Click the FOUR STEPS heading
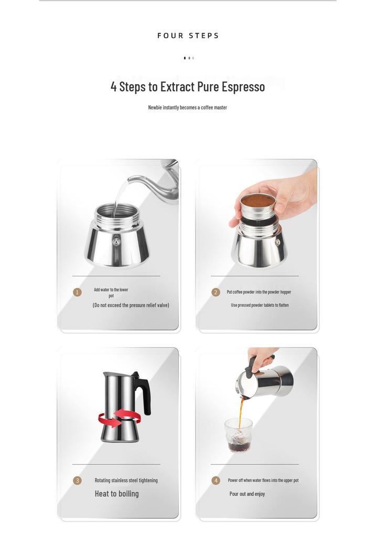188,36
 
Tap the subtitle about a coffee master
187,107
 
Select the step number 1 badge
77,292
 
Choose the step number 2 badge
216,292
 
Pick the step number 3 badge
77,481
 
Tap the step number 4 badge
216,481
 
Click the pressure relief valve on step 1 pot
117,242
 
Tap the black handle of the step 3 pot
143,393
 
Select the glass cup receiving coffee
239,435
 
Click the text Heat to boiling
117,494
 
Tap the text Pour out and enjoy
247,494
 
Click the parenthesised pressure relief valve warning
131,305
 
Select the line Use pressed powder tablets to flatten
260,305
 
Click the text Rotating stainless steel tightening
126,481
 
